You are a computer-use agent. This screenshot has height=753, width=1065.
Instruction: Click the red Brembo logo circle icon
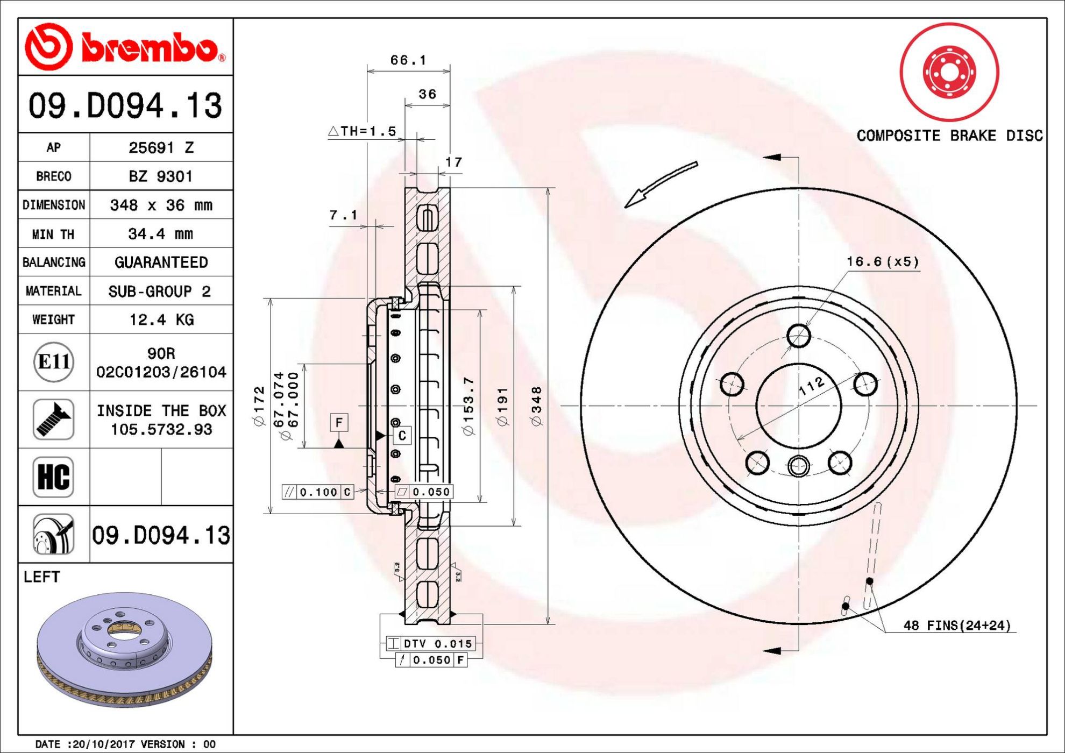point(48,47)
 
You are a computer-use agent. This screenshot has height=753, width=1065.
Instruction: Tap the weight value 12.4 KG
point(161,319)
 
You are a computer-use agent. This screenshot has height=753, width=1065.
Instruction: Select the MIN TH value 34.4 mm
point(160,234)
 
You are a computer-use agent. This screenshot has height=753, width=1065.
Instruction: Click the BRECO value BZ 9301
point(160,176)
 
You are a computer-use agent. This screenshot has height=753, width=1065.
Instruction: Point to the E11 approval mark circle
point(53,362)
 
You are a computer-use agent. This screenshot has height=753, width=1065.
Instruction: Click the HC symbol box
point(53,477)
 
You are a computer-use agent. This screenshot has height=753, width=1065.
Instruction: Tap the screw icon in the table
point(53,420)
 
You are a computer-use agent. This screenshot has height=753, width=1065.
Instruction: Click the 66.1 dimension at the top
point(408,60)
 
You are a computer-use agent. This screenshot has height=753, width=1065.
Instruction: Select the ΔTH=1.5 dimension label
point(362,131)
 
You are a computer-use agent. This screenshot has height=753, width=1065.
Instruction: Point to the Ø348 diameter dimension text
point(536,407)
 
